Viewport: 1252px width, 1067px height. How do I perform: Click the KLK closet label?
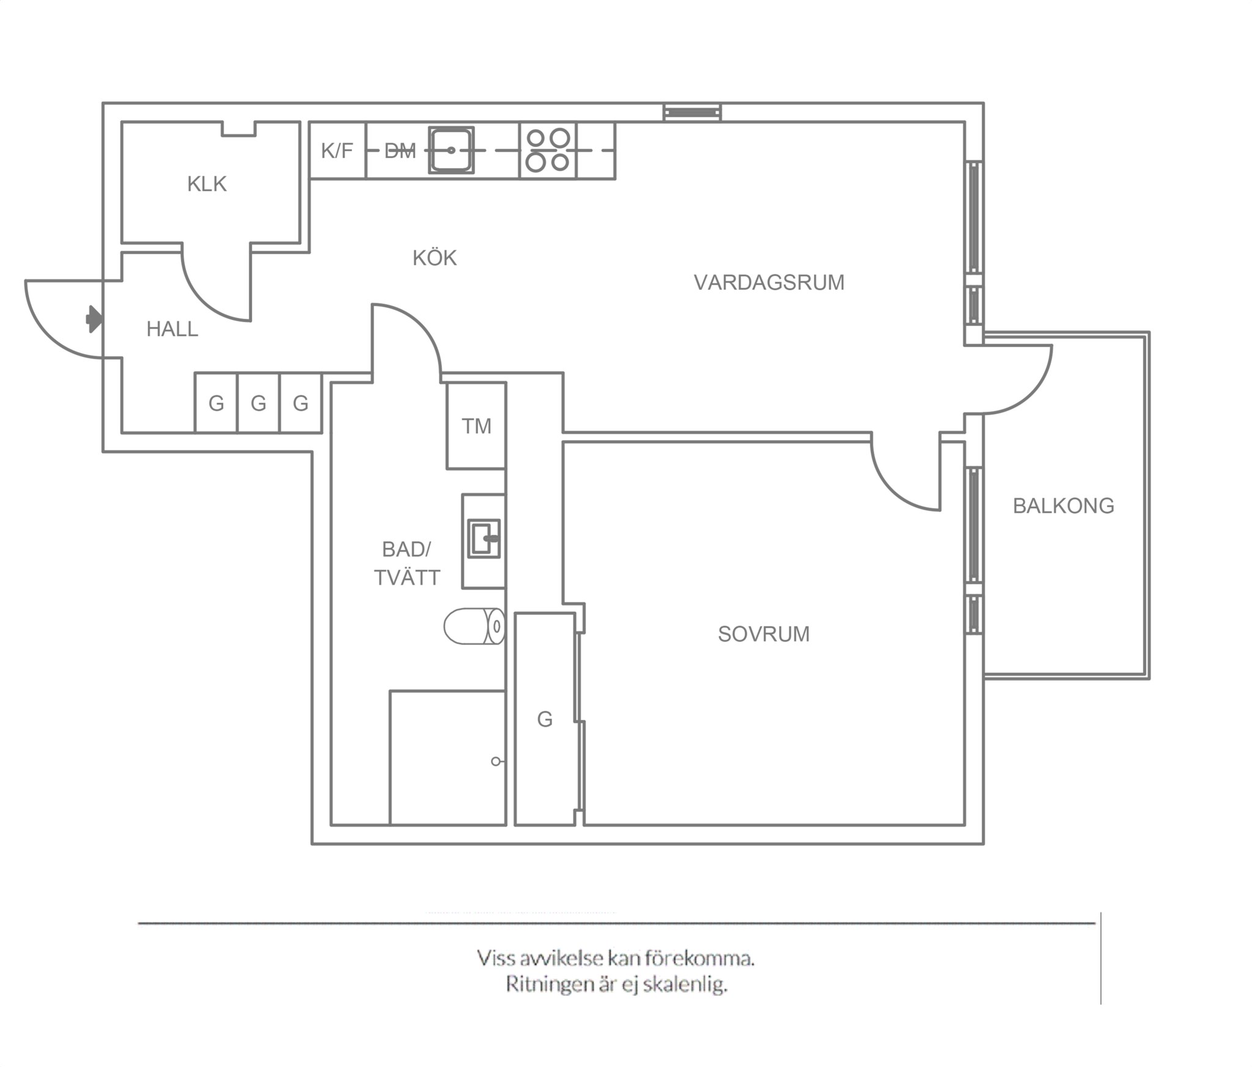pyautogui.click(x=207, y=184)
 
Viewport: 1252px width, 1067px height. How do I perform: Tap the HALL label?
pyautogui.click(x=172, y=329)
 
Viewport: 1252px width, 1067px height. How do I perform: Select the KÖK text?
pyautogui.click(x=435, y=258)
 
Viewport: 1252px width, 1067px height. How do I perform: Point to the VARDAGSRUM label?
pyautogui.click(x=769, y=282)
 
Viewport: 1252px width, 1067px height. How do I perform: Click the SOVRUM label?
pyautogui.click(x=764, y=634)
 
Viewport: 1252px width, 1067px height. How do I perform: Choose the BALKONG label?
pyautogui.click(x=1064, y=505)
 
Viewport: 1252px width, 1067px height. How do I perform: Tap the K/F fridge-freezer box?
pyautogui.click(x=337, y=151)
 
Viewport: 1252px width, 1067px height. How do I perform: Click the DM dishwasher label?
pyautogui.click(x=400, y=151)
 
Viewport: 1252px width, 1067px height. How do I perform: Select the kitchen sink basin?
pyautogui.click(x=451, y=150)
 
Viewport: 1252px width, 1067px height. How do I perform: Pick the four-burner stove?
pyautogui.click(x=548, y=151)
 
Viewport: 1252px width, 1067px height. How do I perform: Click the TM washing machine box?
pyautogui.click(x=476, y=426)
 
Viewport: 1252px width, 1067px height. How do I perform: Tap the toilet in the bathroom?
pyautogui.click(x=474, y=626)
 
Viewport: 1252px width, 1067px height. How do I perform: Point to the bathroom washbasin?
pyautogui.click(x=484, y=538)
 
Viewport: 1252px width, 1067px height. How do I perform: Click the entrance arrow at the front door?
pyautogui.click(x=94, y=319)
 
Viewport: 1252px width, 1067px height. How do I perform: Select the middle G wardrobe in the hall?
pyautogui.click(x=259, y=403)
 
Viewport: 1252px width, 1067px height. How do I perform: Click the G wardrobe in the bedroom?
pyautogui.click(x=545, y=719)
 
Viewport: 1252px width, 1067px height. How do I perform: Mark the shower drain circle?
pyautogui.click(x=496, y=761)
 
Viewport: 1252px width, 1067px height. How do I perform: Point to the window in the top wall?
pyautogui.click(x=693, y=113)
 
